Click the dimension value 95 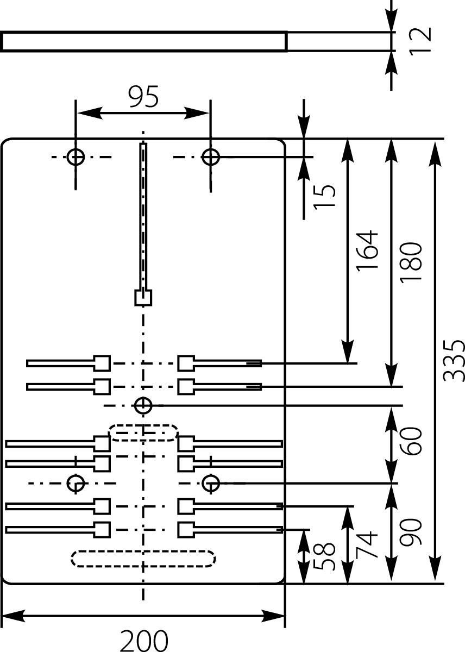point(143,98)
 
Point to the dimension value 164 point(367,251)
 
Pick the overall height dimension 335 point(453,361)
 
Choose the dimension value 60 point(411,441)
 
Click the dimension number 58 point(324,555)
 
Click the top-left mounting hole point(76,157)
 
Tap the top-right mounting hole point(210,157)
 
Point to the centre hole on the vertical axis point(143,405)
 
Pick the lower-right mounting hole point(210,482)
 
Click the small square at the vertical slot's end point(143,298)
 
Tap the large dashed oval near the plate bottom point(143,559)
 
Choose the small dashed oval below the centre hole point(143,432)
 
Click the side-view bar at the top point(144,41)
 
